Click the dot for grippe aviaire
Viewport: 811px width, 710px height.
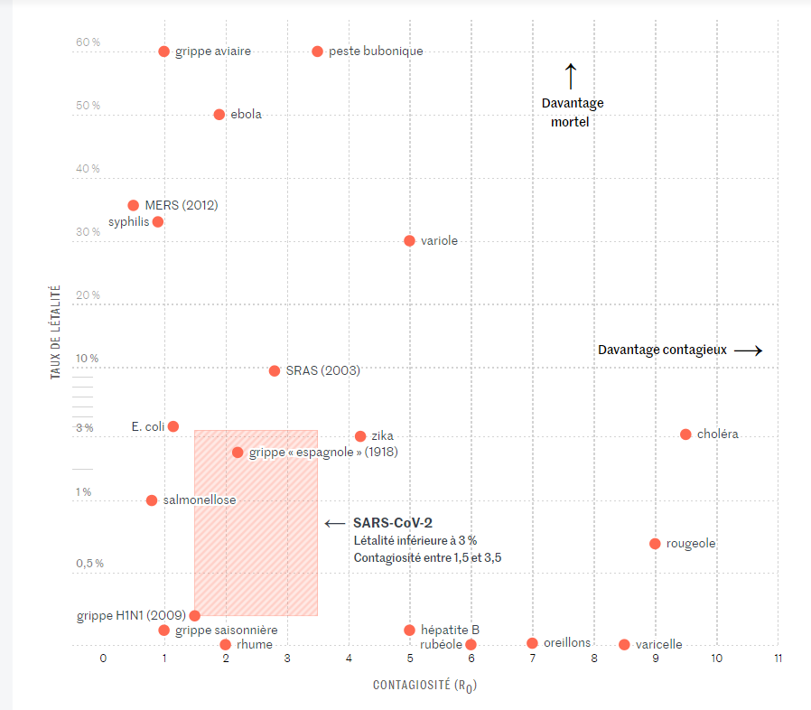pyautogui.click(x=163, y=51)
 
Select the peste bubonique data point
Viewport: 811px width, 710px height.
pyautogui.click(x=317, y=51)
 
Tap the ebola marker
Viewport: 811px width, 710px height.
pyautogui.click(x=219, y=115)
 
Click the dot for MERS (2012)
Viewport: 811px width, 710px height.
pyautogui.click(x=134, y=205)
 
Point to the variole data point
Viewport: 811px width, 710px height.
pyautogui.click(x=409, y=241)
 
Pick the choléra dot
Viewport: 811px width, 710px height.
pyautogui.click(x=685, y=434)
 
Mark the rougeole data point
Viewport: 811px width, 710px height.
pyautogui.click(x=655, y=544)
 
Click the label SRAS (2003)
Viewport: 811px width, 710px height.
pyautogui.click(x=322, y=370)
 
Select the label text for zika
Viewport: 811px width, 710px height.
pyautogui.click(x=382, y=436)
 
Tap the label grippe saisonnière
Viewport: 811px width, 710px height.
pyautogui.click(x=226, y=630)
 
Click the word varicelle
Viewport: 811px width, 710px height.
pyautogui.click(x=658, y=645)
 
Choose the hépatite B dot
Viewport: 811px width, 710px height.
pyautogui.click(x=409, y=630)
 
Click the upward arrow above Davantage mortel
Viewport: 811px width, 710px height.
pyautogui.click(x=570, y=76)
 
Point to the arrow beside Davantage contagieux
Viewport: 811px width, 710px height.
pyautogui.click(x=748, y=350)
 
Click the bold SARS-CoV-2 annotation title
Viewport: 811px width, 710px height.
pyautogui.click(x=393, y=522)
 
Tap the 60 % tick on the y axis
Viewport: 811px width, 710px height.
pyautogui.click(x=88, y=42)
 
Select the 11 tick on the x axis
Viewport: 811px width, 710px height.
pyautogui.click(x=778, y=658)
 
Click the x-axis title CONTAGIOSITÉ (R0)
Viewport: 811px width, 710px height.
pyautogui.click(x=424, y=686)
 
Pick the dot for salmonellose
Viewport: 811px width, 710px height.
pyautogui.click(x=152, y=500)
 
